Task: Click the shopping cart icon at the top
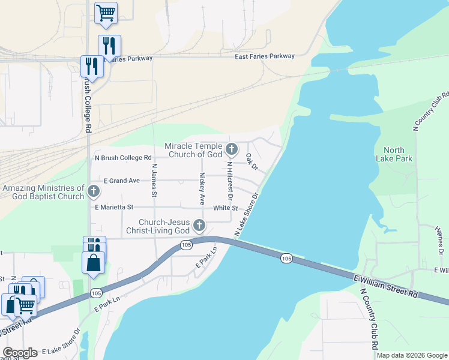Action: pyautogui.click(x=106, y=13)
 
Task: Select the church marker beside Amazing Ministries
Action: pyautogui.click(x=93, y=191)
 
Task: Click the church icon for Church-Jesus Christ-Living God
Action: pyautogui.click(x=199, y=226)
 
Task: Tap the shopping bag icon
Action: pyautogui.click(x=93, y=263)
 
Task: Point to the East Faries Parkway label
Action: pyautogui.click(x=264, y=56)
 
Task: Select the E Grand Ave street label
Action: pyautogui.click(x=121, y=181)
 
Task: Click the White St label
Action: pyautogui.click(x=226, y=208)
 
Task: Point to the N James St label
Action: pyautogui.click(x=154, y=181)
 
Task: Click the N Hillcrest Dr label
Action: pyautogui.click(x=229, y=180)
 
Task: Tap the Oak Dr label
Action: pyautogui.click(x=251, y=161)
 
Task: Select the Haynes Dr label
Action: pyautogui.click(x=439, y=239)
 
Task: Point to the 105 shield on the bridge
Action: pyautogui.click(x=286, y=258)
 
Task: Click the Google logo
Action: pyautogui.click(x=20, y=353)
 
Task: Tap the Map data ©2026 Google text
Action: pyautogui.click(x=412, y=355)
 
